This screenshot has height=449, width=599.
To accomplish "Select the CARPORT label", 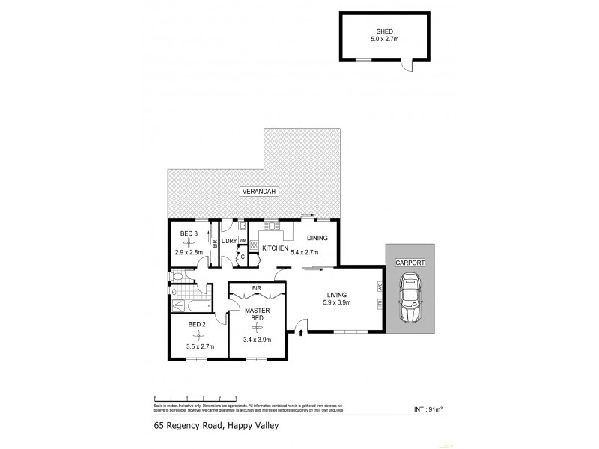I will [x=410, y=263].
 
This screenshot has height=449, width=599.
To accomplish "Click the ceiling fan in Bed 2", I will [x=198, y=336].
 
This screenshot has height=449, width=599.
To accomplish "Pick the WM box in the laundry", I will [x=243, y=239].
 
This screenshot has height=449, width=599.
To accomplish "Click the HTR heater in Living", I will [x=380, y=304].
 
